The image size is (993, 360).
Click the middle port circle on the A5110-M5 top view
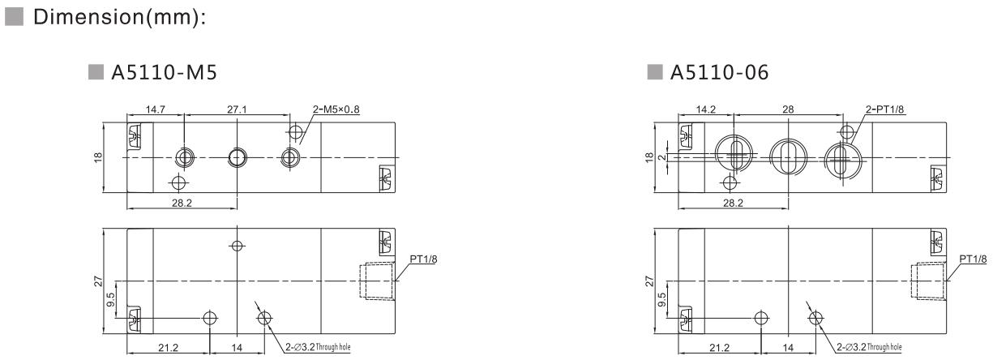click(x=237, y=156)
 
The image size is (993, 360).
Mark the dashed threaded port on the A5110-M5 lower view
click(x=377, y=281)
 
